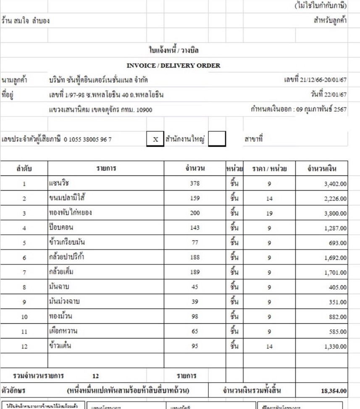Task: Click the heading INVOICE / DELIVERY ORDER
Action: (x=173, y=66)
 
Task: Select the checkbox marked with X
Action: (x=155, y=139)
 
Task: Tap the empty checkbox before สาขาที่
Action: (x=217, y=139)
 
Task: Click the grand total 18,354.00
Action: (x=334, y=391)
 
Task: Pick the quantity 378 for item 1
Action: (x=195, y=183)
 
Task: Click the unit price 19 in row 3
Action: (x=269, y=213)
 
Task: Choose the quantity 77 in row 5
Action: (x=195, y=243)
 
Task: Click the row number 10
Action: (x=24, y=317)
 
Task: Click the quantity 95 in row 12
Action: (x=195, y=346)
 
